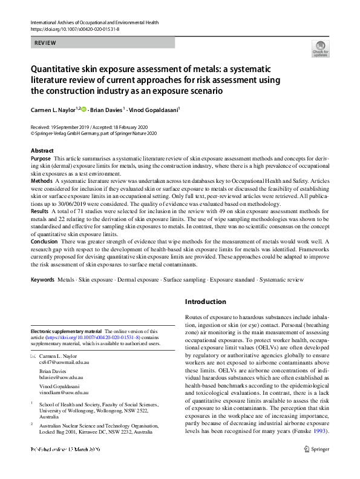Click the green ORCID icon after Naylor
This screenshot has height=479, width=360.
(83, 109)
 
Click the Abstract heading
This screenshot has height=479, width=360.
(42, 150)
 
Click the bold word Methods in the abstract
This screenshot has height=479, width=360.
(42, 180)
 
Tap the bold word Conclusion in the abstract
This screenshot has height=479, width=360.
(45, 241)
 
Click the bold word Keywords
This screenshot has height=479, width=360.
(42, 280)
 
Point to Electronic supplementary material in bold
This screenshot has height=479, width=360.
(67, 331)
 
